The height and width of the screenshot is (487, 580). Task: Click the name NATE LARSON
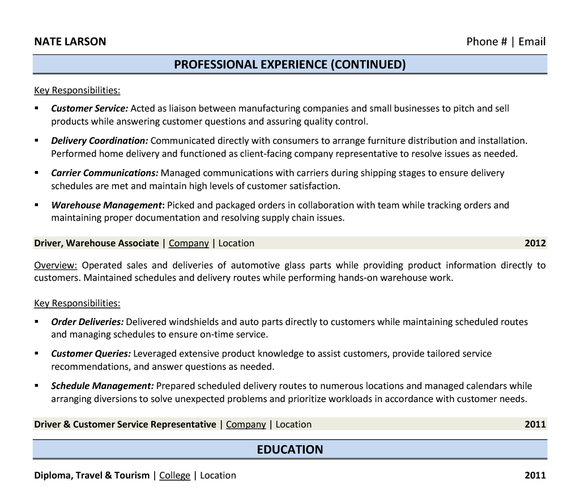70,41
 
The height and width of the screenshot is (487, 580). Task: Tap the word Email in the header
532,41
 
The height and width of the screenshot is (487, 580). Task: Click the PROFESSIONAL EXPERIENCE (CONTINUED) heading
289,65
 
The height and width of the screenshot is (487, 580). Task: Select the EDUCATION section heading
289,450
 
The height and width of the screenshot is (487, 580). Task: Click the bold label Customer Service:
89,108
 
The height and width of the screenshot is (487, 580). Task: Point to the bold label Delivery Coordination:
99,140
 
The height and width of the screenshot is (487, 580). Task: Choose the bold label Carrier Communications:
104,173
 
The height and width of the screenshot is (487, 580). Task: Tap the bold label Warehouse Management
106,205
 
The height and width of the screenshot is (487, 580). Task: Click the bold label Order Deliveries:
87,322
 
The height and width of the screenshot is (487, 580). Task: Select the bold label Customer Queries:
91,354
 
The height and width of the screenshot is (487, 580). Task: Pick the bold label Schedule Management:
102,386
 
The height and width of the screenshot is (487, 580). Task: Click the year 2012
535,244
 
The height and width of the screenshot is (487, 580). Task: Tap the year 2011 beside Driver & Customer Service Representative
535,425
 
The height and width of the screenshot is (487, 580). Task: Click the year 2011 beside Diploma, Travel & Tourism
535,476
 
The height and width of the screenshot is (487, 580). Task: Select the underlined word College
174,476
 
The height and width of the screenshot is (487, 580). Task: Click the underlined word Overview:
56,265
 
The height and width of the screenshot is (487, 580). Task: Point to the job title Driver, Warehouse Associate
96,244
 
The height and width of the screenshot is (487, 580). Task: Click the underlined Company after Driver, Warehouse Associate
189,244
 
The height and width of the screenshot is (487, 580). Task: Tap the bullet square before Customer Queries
37,353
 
